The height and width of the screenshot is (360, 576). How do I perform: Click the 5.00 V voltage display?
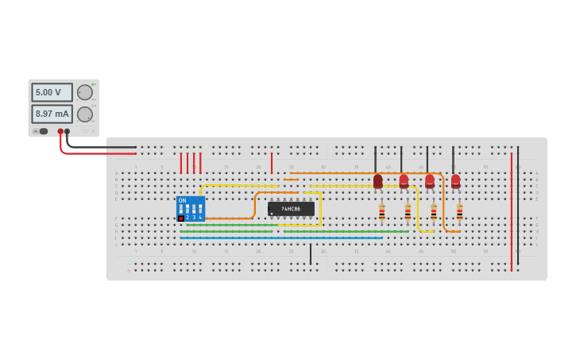52,93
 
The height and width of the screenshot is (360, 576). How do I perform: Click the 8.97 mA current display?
52,114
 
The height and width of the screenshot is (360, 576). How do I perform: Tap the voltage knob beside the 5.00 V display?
85,92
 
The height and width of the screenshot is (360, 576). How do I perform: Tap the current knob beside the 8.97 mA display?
85,114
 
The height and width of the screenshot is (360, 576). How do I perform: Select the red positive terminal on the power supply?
60,131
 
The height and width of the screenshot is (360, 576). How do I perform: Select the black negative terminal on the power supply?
68,131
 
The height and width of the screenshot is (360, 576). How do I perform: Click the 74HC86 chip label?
292,208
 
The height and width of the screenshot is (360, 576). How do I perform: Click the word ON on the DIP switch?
183,200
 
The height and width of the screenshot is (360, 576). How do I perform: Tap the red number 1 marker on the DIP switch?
181,218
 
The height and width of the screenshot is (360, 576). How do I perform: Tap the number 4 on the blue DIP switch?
200,217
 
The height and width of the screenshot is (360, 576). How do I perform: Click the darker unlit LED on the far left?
378,181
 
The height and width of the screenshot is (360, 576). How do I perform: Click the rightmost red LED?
455,181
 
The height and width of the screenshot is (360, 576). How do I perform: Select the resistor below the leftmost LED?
382,211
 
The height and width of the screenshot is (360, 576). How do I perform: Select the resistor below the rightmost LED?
459,211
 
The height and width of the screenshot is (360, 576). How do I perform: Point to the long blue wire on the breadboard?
278,238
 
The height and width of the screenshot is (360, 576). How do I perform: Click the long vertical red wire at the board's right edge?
512,211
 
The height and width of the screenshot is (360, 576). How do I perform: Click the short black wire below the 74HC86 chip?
311,254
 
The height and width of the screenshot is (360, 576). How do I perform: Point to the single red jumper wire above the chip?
272,163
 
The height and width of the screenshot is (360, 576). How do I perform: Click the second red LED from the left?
404,181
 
